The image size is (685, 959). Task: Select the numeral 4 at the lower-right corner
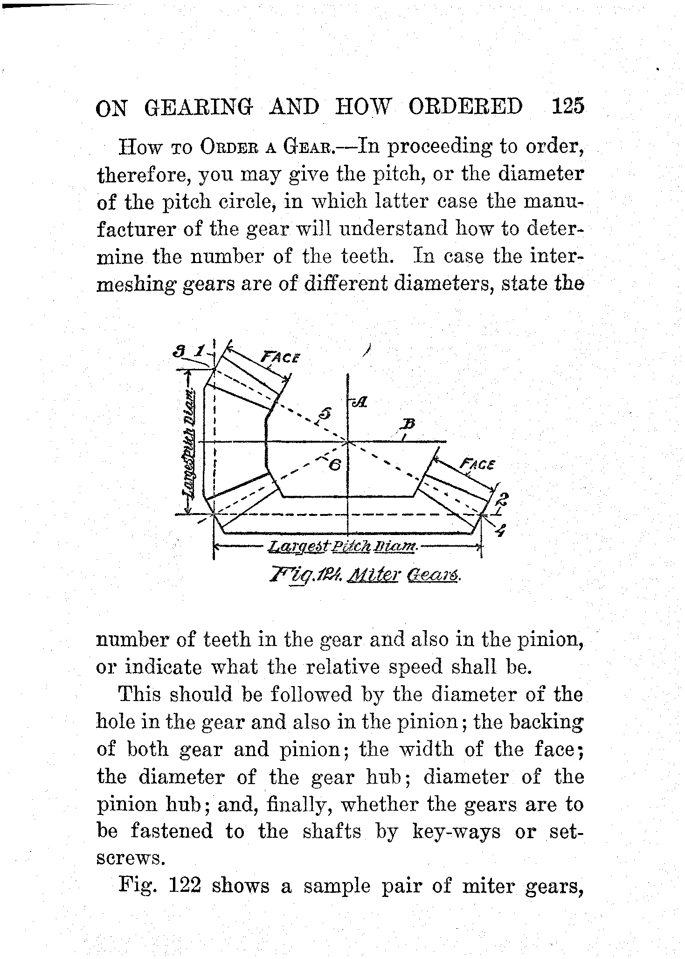click(500, 531)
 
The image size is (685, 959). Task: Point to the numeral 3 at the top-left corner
click(177, 350)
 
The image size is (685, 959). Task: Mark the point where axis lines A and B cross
click(348, 441)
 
